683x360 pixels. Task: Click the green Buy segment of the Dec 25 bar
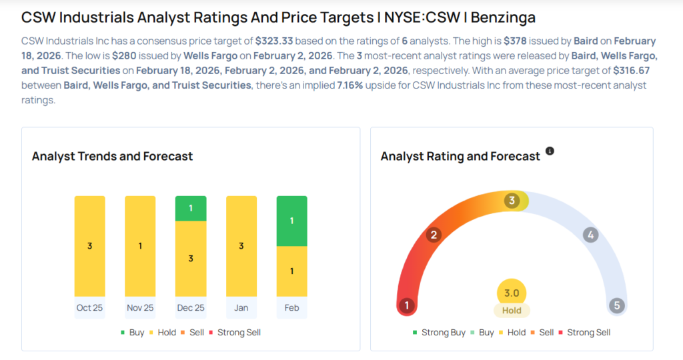pyautogui.click(x=191, y=208)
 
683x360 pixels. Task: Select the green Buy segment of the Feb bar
pyautogui.click(x=291, y=221)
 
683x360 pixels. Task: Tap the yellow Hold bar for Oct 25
pyautogui.click(x=90, y=246)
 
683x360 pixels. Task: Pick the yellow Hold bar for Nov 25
pyautogui.click(x=140, y=246)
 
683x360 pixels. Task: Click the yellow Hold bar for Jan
pyautogui.click(x=241, y=246)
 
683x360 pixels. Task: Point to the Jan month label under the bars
pyautogui.click(x=241, y=308)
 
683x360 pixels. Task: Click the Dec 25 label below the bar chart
pyautogui.click(x=191, y=308)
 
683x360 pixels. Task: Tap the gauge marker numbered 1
pyautogui.click(x=407, y=306)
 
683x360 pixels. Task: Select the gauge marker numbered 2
pyautogui.click(x=434, y=235)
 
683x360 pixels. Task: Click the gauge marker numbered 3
pyautogui.click(x=512, y=201)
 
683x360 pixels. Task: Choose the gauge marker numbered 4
pyautogui.click(x=590, y=235)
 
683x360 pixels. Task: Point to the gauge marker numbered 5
pyautogui.click(x=617, y=306)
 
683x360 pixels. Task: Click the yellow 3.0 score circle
pyautogui.click(x=512, y=293)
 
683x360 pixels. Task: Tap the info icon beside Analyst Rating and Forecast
pyautogui.click(x=550, y=151)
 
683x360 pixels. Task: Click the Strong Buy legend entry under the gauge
pyautogui.click(x=440, y=332)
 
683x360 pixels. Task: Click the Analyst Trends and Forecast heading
pyautogui.click(x=112, y=156)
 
